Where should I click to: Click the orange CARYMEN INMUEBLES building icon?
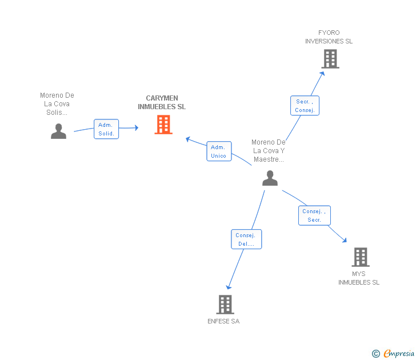point(163,125)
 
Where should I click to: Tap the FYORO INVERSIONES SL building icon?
point(330,59)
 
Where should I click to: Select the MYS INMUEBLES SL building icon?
point(360,257)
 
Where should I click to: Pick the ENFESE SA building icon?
point(225,305)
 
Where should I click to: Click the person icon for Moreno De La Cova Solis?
point(58,131)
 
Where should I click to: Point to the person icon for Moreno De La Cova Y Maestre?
point(270,178)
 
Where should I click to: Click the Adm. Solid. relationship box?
point(106,129)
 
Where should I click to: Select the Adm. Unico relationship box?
point(219,151)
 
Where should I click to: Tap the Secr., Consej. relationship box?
point(305,106)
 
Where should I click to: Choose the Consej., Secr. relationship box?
point(314,215)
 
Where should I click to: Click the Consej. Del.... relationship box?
point(246,239)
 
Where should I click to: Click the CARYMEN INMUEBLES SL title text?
point(162,102)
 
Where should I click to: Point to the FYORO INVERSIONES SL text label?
point(329,37)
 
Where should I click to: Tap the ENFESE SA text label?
point(223,321)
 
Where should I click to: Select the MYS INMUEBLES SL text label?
point(359,278)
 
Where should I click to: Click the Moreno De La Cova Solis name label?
point(57,104)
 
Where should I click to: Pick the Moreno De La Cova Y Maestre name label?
point(269,151)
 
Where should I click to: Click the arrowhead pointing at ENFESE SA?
point(229,287)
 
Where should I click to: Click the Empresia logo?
point(394,354)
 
